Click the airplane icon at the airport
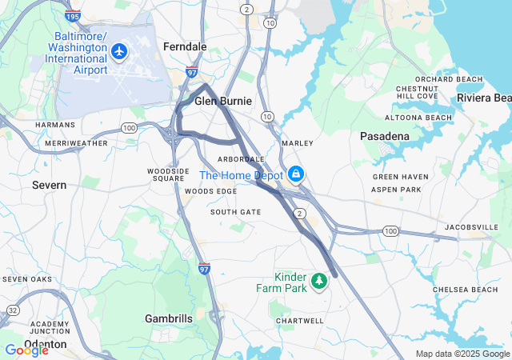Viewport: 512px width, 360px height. (120, 52)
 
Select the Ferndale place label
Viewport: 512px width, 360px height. (185, 47)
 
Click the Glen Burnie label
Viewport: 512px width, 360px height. (223, 102)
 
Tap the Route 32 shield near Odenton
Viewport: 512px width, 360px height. (13, 310)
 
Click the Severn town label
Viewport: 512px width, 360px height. (49, 185)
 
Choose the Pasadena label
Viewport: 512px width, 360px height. (385, 136)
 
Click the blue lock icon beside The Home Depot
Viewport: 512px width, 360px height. (296, 174)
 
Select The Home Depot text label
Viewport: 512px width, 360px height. (242, 175)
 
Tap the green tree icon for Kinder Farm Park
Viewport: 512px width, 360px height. (319, 280)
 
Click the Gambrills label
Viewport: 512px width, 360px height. (169, 318)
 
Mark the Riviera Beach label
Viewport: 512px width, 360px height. (484, 98)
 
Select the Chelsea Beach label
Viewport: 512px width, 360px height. (465, 289)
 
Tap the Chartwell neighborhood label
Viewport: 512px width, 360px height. (300, 320)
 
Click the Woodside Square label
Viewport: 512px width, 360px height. (167, 174)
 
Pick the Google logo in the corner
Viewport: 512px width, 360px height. (26, 350)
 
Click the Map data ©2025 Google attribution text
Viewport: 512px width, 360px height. (462, 354)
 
